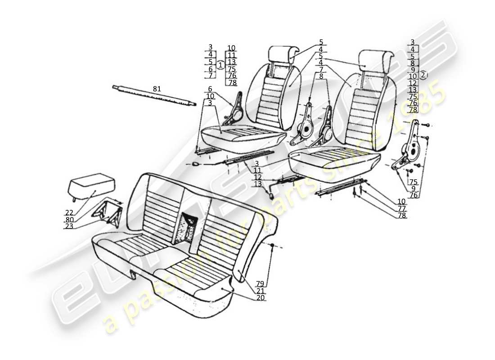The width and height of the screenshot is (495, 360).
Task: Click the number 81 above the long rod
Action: pos(156,89)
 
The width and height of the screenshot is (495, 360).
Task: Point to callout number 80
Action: pos(70,220)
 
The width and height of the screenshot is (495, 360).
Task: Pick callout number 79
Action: pos(260,283)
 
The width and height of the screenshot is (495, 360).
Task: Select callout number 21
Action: pos(260,291)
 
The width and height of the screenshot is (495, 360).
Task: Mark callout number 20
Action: pos(260,298)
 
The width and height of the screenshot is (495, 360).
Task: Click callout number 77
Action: pos(401,209)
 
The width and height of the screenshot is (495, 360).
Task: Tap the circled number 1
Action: pos(220,65)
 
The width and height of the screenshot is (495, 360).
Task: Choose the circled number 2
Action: pos(423,75)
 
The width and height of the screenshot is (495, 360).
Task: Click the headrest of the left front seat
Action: pos(282,54)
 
